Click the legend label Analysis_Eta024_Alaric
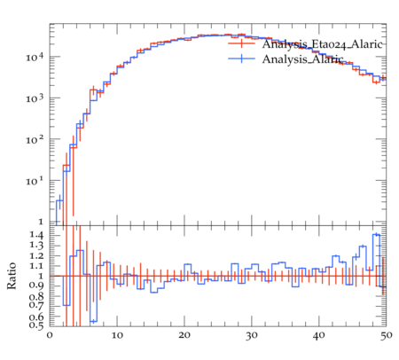[323, 44]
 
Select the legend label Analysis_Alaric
[302, 59]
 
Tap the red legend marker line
[241, 43]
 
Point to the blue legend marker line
[241, 59]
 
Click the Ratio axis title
[12, 276]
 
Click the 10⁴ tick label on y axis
[35, 57]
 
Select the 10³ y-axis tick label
[35, 98]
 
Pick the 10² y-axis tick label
[35, 139]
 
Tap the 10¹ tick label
[35, 181]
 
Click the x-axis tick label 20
[184, 335]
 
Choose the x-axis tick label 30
[252, 335]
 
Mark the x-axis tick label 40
[319, 335]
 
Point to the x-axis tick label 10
[117, 335]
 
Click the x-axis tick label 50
[386, 335]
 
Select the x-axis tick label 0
[50, 335]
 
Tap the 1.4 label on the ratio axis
[36, 236]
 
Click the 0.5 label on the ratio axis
[36, 325]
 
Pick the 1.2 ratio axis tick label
[36, 255]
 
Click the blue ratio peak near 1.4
[376, 235]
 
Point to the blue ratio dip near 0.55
[94, 321]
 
